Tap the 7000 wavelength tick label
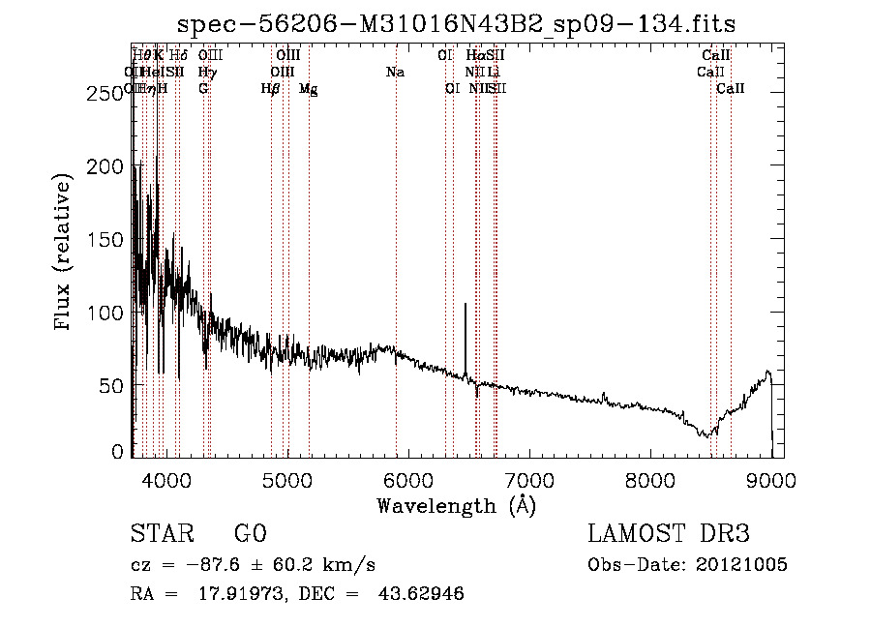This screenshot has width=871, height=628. click(x=528, y=478)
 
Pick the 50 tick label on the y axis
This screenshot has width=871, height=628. click(x=113, y=386)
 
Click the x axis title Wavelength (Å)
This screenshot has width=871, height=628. click(x=456, y=505)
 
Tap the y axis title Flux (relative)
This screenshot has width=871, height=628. click(x=65, y=254)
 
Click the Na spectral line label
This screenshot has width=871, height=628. click(x=395, y=73)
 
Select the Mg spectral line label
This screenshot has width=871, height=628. click(x=308, y=89)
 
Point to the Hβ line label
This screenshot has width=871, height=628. click(x=271, y=89)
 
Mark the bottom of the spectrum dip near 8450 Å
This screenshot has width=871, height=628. click(x=707, y=435)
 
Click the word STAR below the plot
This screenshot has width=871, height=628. click(x=160, y=534)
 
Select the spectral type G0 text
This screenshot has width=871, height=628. click(x=250, y=534)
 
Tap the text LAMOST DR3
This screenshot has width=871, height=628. click(x=669, y=534)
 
